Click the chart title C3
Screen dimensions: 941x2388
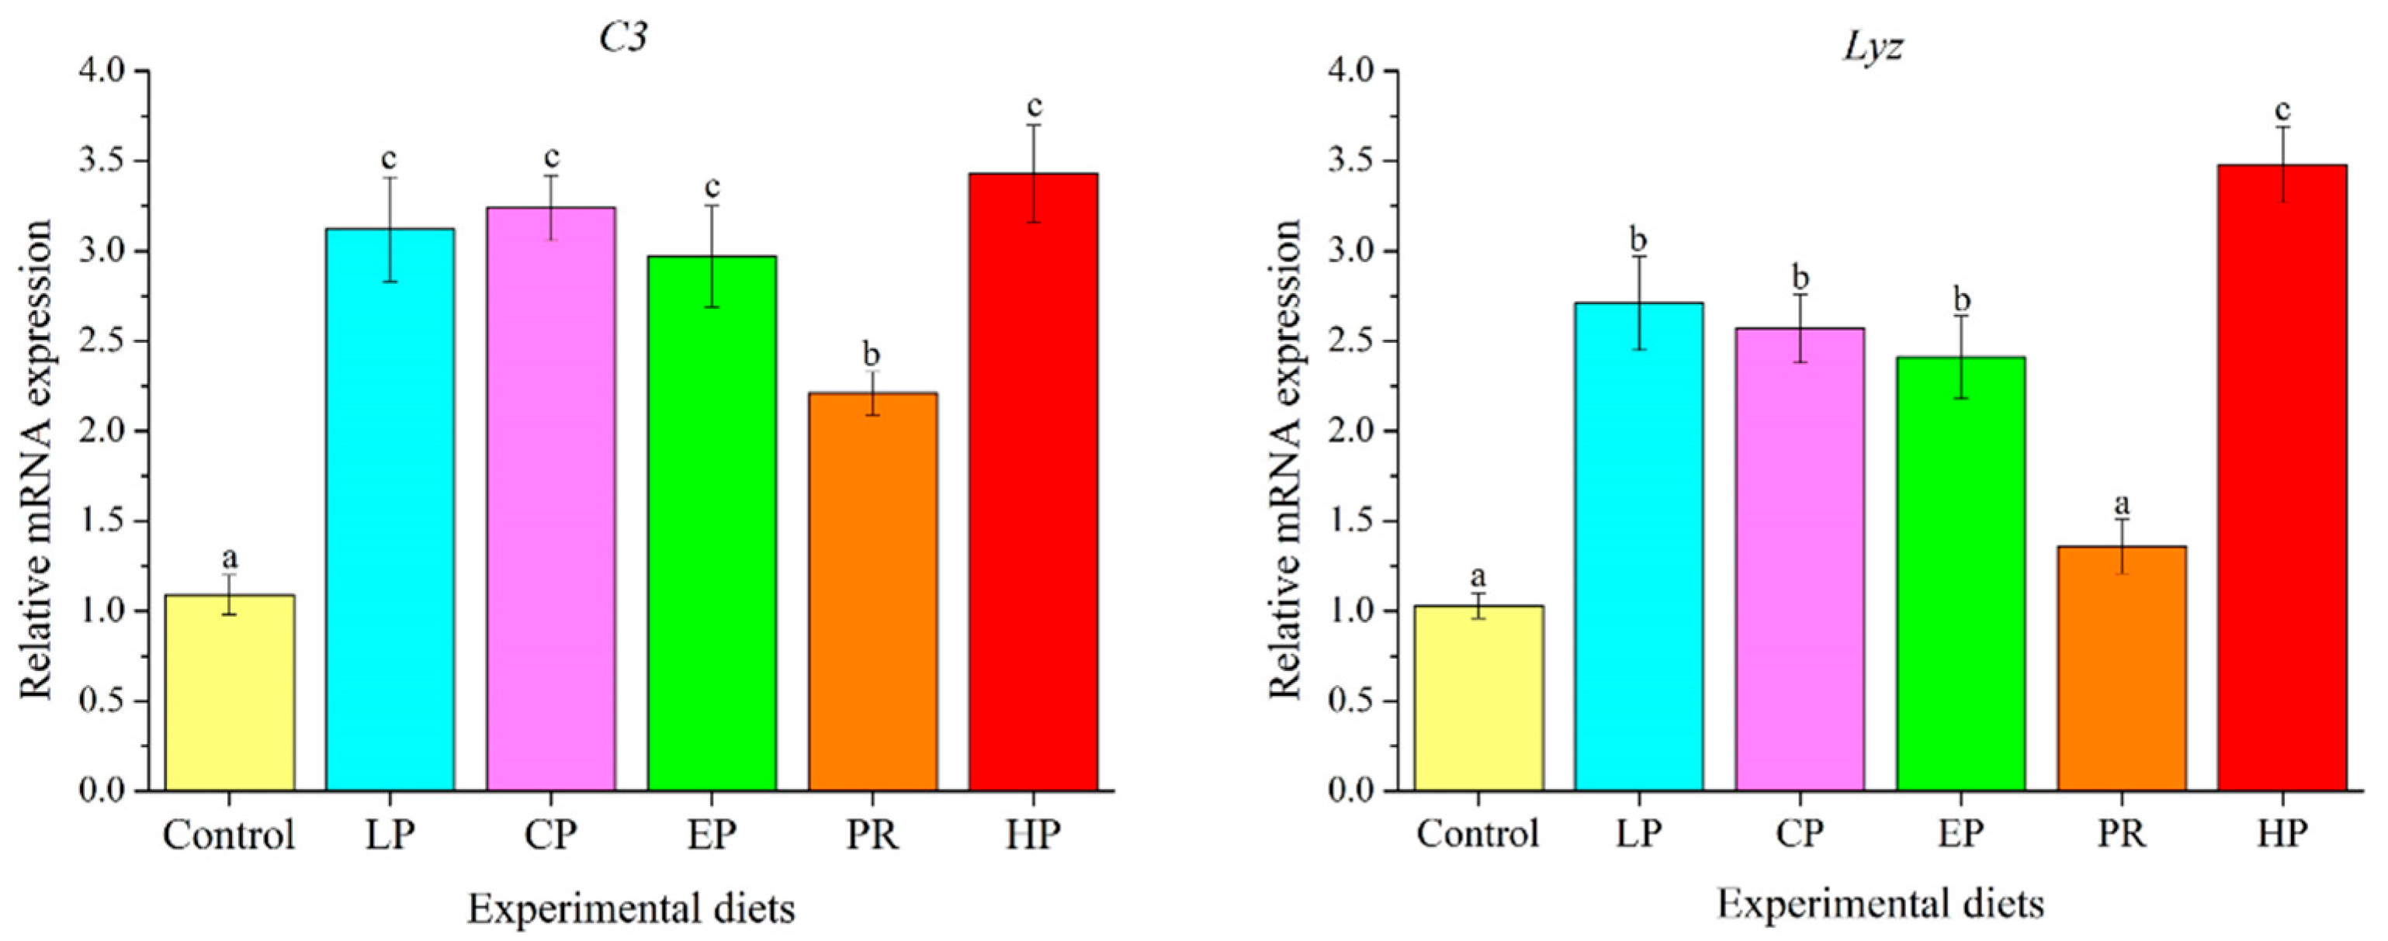click(623, 38)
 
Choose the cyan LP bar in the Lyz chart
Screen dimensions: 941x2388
click(1639, 546)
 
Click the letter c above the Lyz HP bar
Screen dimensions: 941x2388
click(2282, 110)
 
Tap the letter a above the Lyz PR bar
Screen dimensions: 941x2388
click(2121, 504)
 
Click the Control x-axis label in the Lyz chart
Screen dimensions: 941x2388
click(1478, 833)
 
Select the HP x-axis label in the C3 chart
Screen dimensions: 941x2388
click(1033, 833)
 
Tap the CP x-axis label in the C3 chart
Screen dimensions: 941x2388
click(551, 833)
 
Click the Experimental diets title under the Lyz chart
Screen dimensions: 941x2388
click(1880, 904)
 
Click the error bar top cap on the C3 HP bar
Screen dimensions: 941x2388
click(1034, 125)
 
